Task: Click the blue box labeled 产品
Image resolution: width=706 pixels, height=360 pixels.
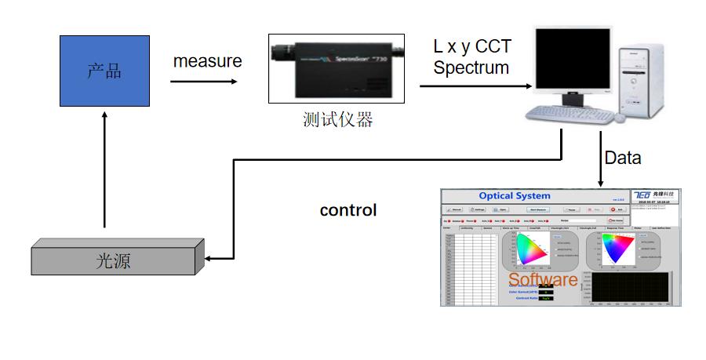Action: tap(104, 71)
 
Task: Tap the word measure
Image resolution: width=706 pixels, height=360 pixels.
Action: tap(207, 60)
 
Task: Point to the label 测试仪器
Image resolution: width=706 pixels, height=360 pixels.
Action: tap(337, 119)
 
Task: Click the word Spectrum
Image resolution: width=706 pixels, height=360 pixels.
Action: tap(471, 67)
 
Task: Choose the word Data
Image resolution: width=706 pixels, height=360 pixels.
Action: tap(622, 158)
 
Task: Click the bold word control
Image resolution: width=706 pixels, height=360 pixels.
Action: tap(348, 210)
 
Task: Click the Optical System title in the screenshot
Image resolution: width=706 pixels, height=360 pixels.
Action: tap(514, 195)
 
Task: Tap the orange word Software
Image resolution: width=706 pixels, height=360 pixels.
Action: tap(542, 280)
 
